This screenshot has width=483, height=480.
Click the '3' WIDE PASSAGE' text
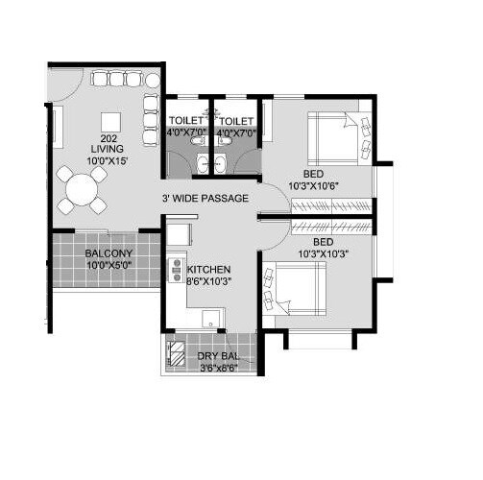coord(205,199)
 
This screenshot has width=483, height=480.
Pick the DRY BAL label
coord(217,355)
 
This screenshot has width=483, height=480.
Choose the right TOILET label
coord(235,122)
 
